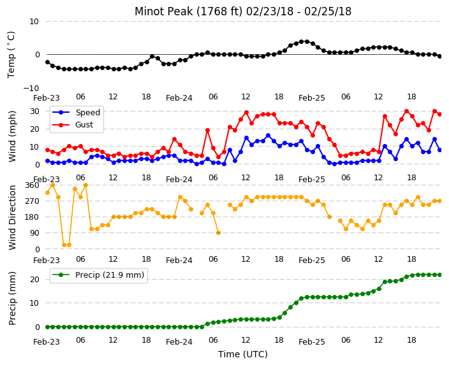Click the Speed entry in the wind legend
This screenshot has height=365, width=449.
[x=76, y=112]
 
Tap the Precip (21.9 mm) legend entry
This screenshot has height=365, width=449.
[x=98, y=275]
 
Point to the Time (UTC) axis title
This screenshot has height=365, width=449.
[x=243, y=354]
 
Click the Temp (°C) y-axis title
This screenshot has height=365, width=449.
[x=11, y=55]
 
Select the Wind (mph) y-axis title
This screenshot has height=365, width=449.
[x=12, y=137]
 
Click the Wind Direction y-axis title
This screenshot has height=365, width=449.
[x=12, y=218]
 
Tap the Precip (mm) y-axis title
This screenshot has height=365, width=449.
[x=12, y=298]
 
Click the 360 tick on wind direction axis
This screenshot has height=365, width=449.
[x=32, y=185]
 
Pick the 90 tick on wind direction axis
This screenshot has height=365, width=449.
[x=34, y=233]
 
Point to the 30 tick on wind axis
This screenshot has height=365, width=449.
[x=34, y=111]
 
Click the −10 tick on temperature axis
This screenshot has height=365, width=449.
[x=31, y=88]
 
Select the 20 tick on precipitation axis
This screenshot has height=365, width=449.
[x=34, y=280]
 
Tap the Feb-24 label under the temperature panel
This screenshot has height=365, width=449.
[x=179, y=98]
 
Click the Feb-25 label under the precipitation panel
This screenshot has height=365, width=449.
[x=311, y=342]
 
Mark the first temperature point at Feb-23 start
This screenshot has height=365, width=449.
[x=48, y=62]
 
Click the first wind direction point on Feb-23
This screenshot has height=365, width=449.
[x=48, y=193]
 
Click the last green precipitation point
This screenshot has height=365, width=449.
[x=440, y=275]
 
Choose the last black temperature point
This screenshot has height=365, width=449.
[x=440, y=56]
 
